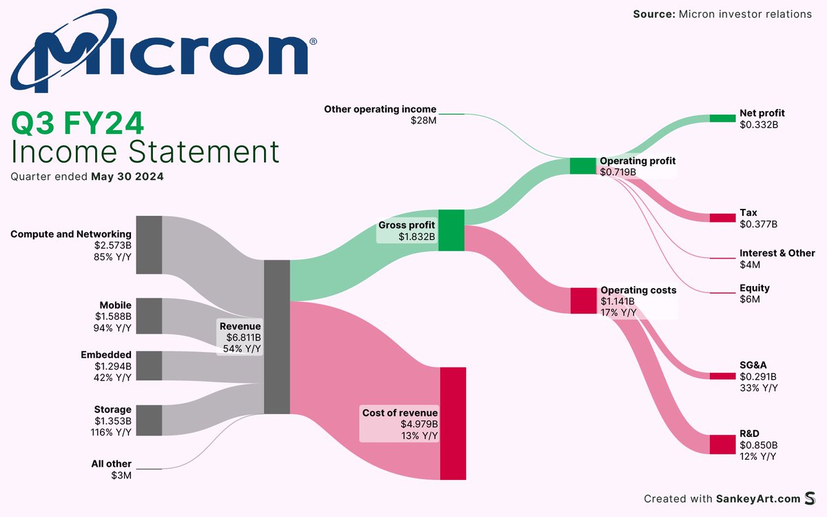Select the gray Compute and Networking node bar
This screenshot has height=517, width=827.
(x=149, y=245)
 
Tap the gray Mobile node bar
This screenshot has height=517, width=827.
(x=149, y=316)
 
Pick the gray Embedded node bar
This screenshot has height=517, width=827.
(x=149, y=365)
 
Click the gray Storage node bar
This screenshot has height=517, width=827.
(x=149, y=420)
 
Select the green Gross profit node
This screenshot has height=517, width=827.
(x=451, y=230)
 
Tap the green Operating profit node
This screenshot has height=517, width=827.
(x=582, y=165)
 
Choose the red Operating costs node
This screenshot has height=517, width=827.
(x=582, y=301)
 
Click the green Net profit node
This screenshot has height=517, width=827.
(x=723, y=119)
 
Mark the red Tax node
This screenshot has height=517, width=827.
(x=723, y=218)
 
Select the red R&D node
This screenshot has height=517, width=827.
(x=723, y=444)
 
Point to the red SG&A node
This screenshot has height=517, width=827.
(x=723, y=376)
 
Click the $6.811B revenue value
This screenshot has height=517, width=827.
(x=243, y=338)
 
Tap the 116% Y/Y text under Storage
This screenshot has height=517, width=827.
(x=112, y=432)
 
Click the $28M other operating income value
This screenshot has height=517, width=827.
(x=423, y=121)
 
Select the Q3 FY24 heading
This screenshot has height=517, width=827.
(x=78, y=124)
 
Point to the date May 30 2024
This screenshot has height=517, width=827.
(x=127, y=176)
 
